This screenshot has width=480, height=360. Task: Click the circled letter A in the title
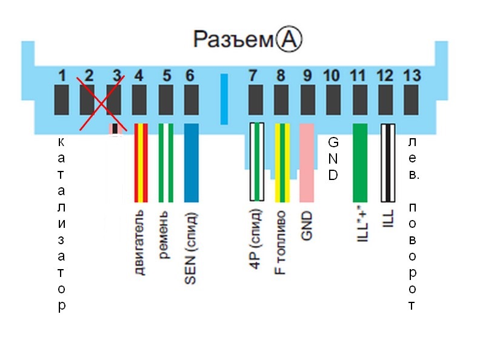point(289,39)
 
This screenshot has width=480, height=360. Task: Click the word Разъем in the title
point(233,39)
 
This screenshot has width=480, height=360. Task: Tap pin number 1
point(62,76)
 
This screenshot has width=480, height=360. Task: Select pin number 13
point(412,76)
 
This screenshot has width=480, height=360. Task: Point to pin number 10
point(332,76)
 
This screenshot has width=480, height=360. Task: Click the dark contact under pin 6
point(192,100)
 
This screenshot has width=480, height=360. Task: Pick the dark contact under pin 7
point(256,100)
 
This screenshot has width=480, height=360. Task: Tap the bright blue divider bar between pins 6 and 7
point(224,99)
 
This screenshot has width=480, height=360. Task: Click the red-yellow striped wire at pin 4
point(141,163)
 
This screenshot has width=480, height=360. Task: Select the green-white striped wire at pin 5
point(166,163)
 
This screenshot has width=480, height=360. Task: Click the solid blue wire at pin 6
point(192,163)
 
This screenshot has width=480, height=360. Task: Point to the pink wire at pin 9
point(307,163)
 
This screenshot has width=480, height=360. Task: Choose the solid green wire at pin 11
point(361,163)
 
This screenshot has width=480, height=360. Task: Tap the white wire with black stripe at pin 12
point(388,163)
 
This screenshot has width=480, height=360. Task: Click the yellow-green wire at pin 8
point(282,163)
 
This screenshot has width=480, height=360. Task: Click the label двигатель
point(139,242)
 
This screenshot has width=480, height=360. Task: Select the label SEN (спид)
point(190,248)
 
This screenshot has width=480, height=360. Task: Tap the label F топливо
point(280,242)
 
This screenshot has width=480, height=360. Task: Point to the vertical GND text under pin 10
point(333,159)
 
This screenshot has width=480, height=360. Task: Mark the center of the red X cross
point(101,103)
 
